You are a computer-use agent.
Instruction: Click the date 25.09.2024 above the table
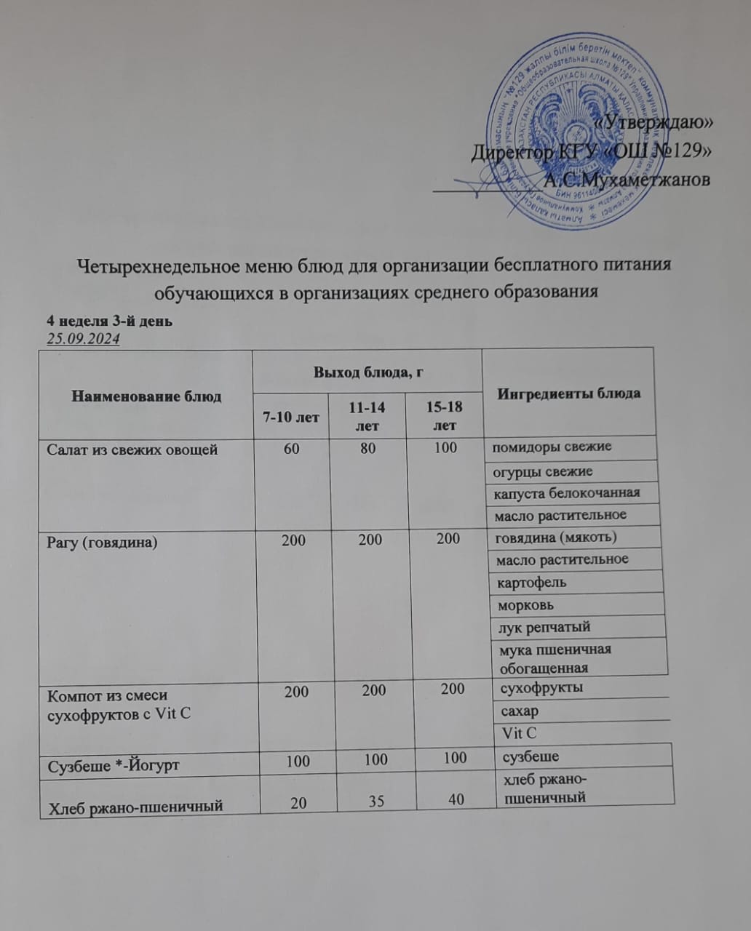pos(83,340)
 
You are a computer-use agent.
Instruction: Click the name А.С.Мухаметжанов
pos(627,179)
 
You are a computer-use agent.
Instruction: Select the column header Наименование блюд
pos(146,396)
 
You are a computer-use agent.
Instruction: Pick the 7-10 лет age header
pos(291,417)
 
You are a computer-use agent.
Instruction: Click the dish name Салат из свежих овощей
pos(132,450)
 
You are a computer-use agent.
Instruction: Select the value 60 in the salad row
pos(291,449)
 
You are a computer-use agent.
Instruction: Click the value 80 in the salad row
pos(368,448)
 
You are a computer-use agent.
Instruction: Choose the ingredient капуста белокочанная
pos(567,493)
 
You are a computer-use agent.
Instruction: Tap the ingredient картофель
pos(531,583)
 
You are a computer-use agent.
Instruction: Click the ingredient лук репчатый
pos(543,627)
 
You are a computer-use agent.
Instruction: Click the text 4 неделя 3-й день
pos(109,321)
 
